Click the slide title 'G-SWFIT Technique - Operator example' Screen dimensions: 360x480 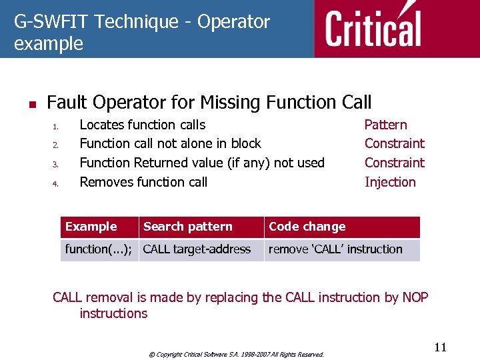pos(141,33)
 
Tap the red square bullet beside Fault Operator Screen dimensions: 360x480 pos(31,104)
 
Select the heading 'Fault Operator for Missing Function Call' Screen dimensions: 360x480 pos(209,103)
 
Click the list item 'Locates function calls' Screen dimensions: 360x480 pos(142,125)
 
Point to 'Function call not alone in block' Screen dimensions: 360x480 pos(170,143)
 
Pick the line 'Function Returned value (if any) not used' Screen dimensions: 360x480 pos(201,163)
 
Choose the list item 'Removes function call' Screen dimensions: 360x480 pos(143,182)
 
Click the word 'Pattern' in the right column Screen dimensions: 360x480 pos(385,125)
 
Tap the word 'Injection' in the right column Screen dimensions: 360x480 pos(390,182)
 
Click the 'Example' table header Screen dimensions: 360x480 pos(91,227)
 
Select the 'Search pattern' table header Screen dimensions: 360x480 pos(187,227)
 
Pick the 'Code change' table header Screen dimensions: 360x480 pos(307,227)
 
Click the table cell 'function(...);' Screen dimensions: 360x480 pos(98,249)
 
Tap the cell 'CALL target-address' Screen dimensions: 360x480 pos(197,249)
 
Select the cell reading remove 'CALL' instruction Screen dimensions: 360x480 pos(335,249)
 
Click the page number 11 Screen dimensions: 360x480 pos(440,347)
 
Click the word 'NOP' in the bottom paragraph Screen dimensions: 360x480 pos(415,297)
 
